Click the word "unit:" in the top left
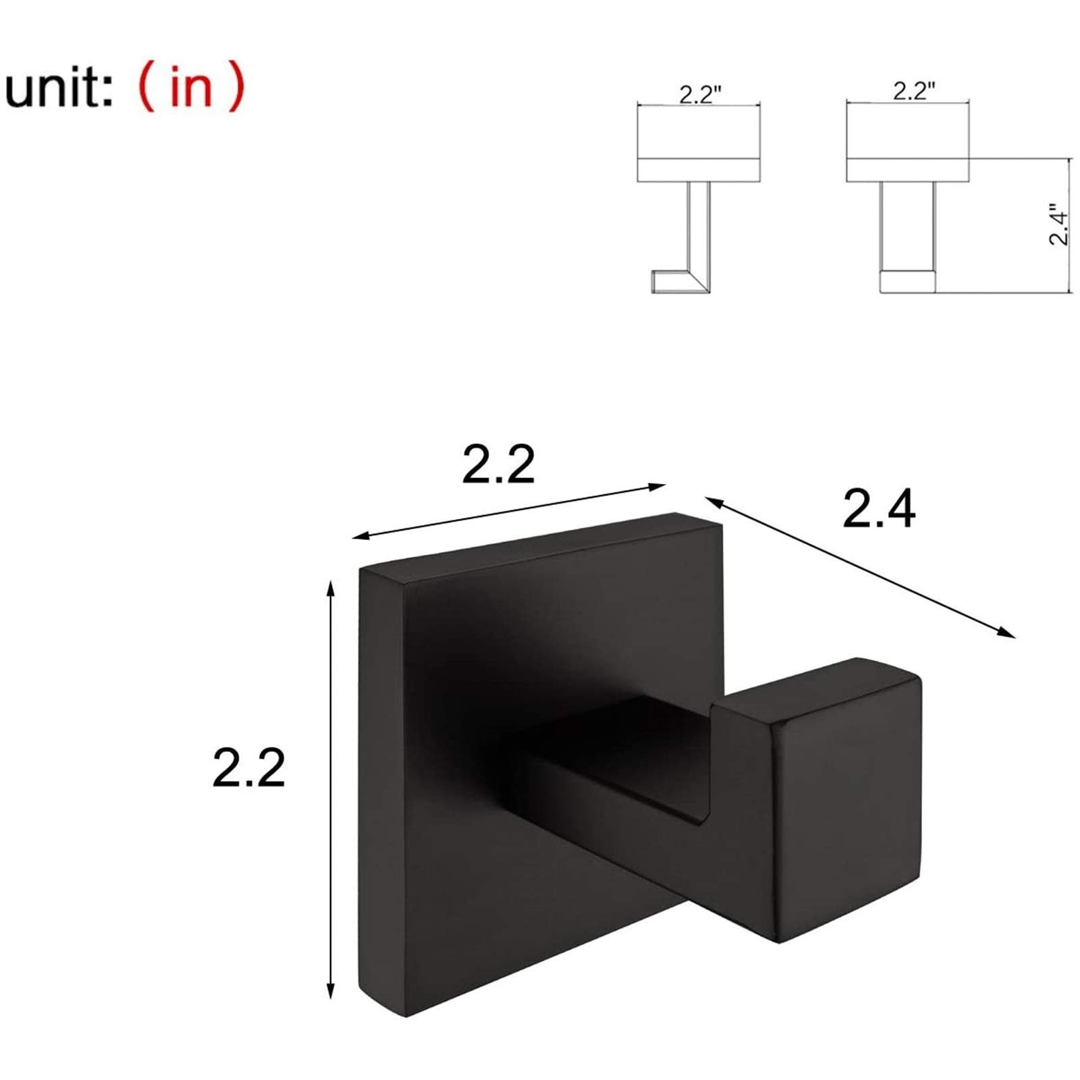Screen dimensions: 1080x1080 point(59,88)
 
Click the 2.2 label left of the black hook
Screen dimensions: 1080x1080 point(248,767)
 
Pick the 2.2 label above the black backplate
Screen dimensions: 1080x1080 point(498,464)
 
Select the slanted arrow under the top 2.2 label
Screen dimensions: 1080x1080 point(510,511)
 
